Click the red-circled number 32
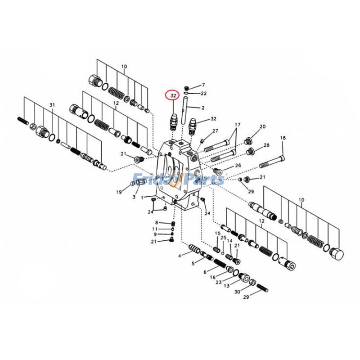click(x=173, y=95)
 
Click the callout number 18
click(x=283, y=138)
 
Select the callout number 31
click(x=52, y=105)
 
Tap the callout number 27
click(x=215, y=131)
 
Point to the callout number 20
click(x=262, y=126)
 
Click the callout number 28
click(x=266, y=145)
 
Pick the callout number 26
click(x=238, y=165)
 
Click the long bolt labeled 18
click(x=272, y=162)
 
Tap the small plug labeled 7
click(x=187, y=88)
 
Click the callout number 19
click(x=119, y=192)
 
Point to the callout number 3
click(x=134, y=197)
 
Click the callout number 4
click(x=180, y=256)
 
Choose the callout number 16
click(x=212, y=277)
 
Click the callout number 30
click(x=237, y=292)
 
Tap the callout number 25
click(x=223, y=238)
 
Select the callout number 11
click(x=154, y=229)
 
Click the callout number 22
click(x=203, y=94)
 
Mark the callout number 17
click(x=238, y=125)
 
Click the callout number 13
click(x=227, y=286)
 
